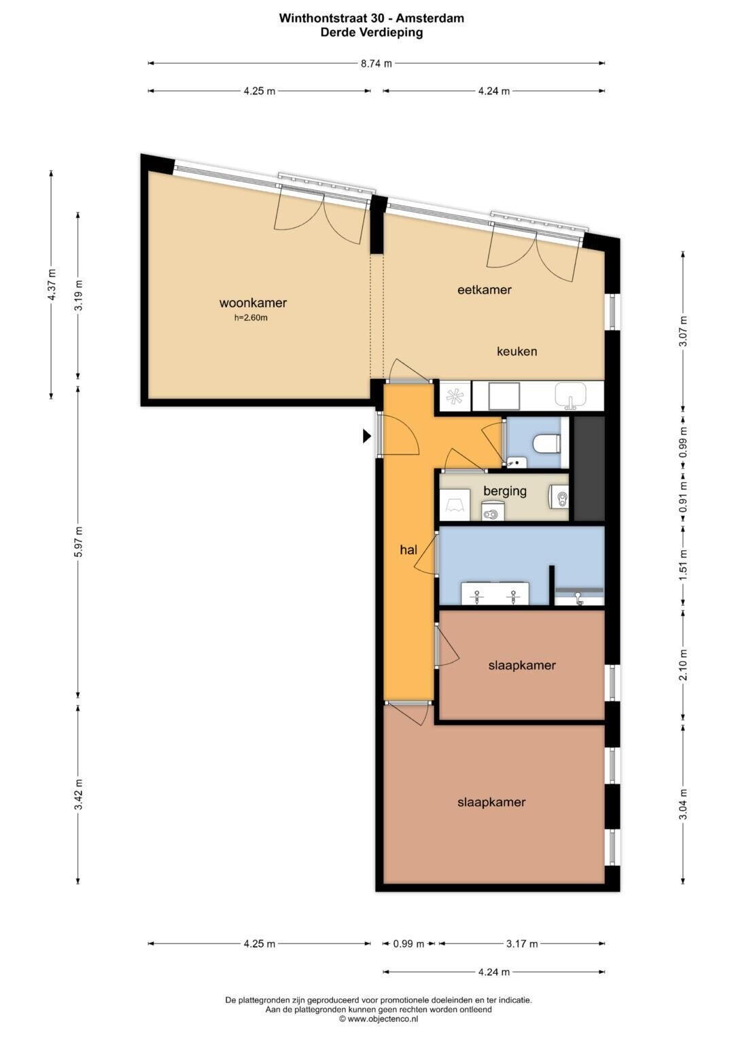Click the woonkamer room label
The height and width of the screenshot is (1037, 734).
pos(253,304)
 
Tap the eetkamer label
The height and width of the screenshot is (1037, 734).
pos(484,290)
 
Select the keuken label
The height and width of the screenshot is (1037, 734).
pos(517,351)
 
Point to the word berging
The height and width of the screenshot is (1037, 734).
pos(505,491)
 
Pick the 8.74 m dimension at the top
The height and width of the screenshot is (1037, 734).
pos(377,63)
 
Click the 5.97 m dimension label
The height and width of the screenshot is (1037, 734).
pos(79,542)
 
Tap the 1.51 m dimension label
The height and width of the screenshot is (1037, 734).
pos(684,565)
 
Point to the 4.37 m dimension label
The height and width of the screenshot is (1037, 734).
pos(52,285)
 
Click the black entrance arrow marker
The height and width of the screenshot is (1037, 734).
pos(367,436)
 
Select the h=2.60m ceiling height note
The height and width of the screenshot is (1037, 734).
pos(251,318)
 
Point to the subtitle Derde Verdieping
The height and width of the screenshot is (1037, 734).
pos(372,33)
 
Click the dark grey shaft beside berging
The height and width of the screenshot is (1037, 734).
pos(589,469)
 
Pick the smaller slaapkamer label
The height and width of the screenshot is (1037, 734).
pos(522,666)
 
